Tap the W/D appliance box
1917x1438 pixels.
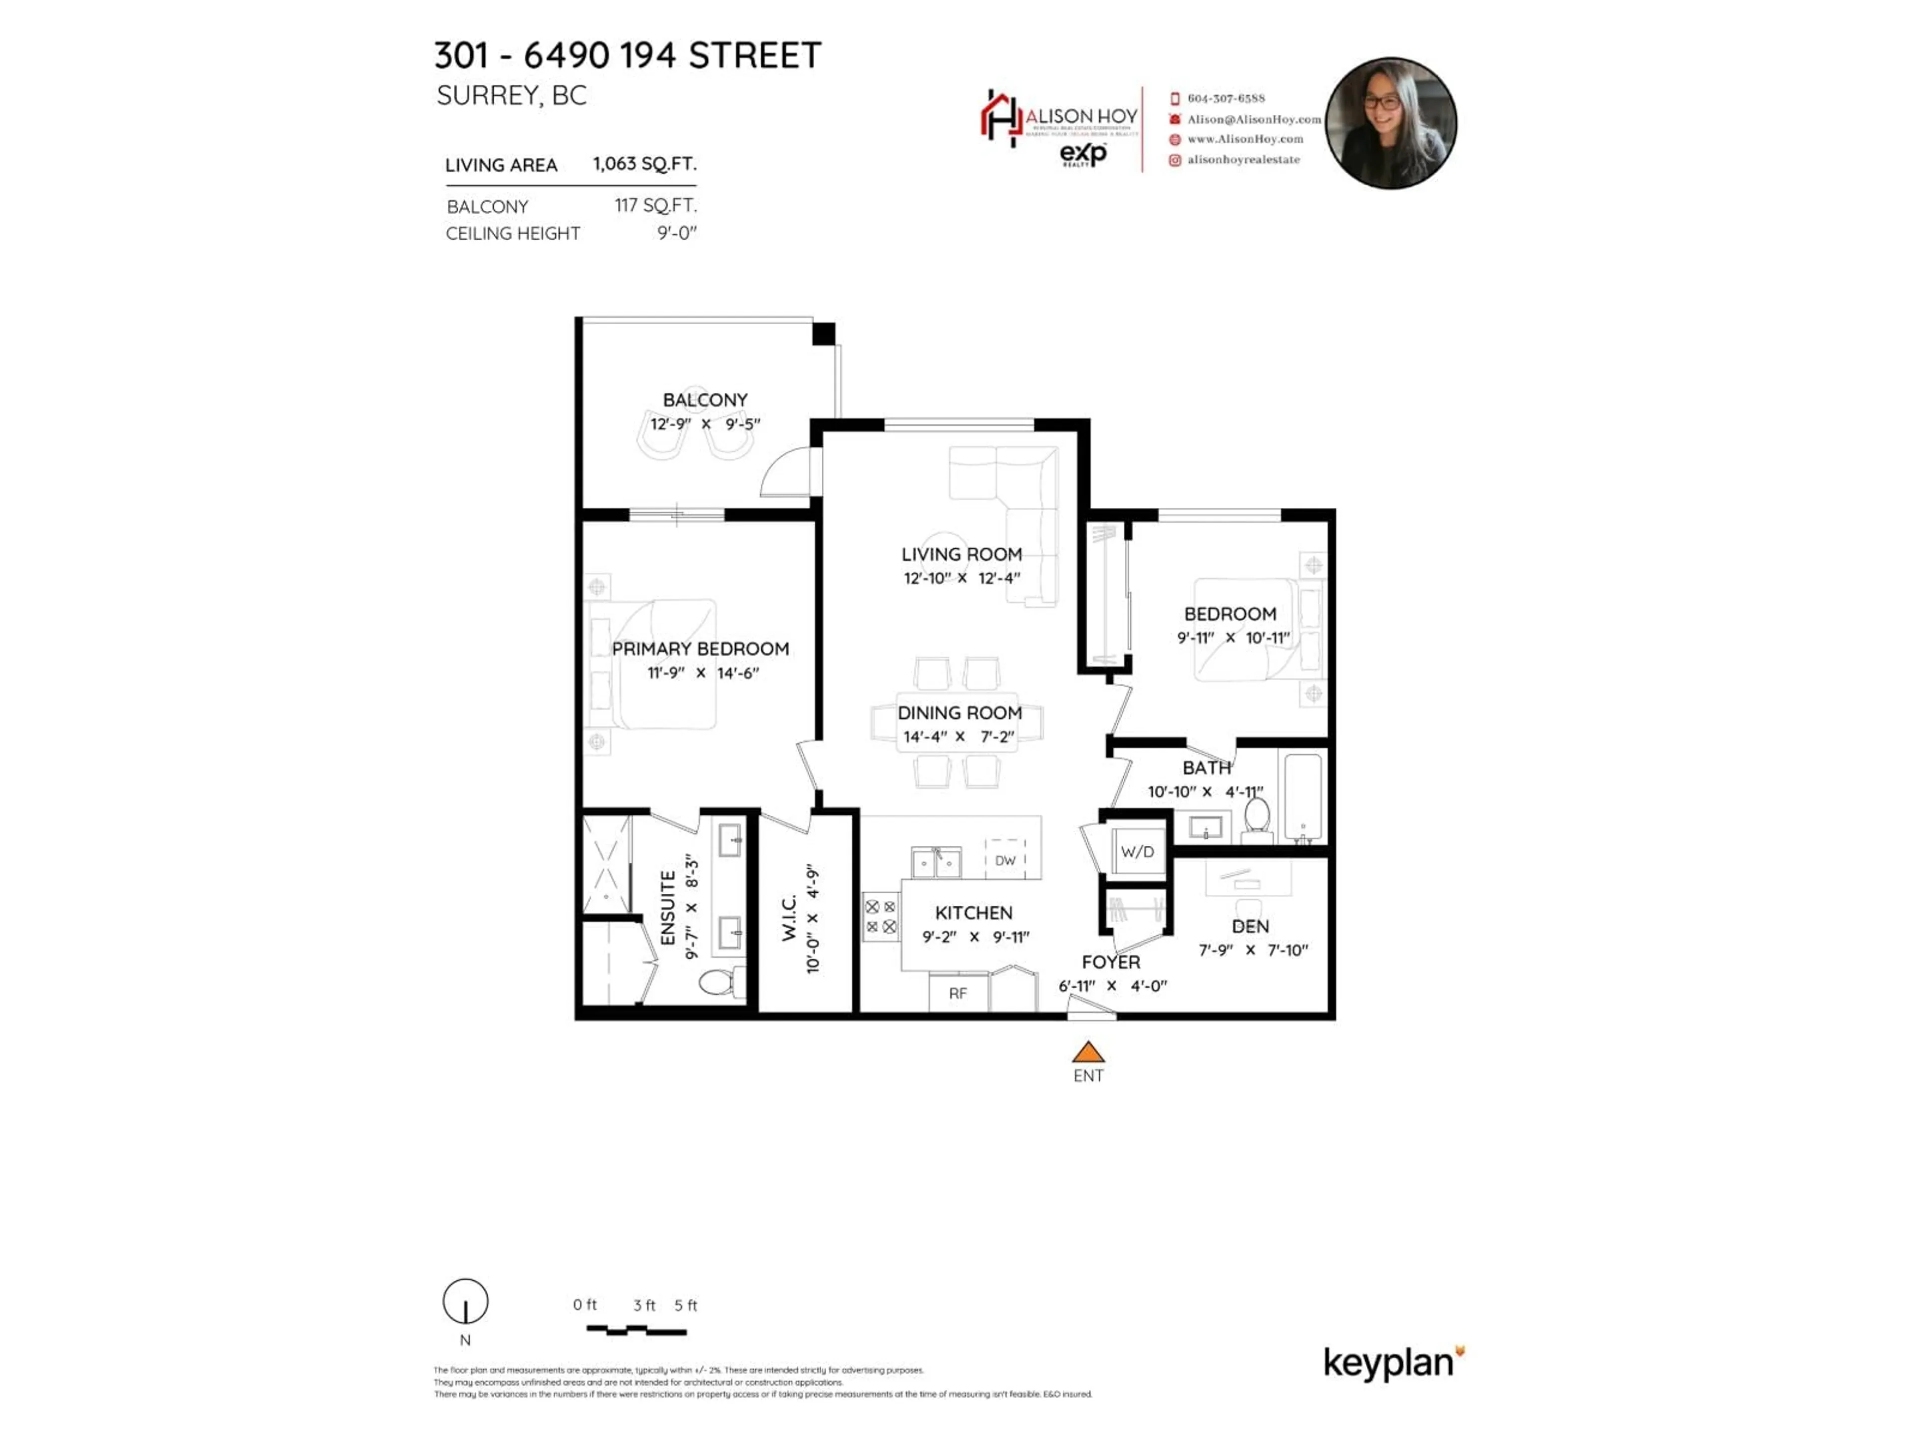(x=1137, y=851)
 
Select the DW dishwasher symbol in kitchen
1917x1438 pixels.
(x=1005, y=860)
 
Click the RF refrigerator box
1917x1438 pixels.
(x=958, y=993)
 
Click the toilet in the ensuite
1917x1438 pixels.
(x=717, y=982)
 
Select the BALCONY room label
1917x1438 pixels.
(x=704, y=399)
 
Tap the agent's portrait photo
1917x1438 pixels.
(x=1391, y=123)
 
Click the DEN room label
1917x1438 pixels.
(x=1250, y=926)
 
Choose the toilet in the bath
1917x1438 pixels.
(x=1257, y=817)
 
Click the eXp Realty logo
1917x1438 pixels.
(x=1083, y=154)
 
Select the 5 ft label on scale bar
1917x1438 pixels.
(x=685, y=1305)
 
